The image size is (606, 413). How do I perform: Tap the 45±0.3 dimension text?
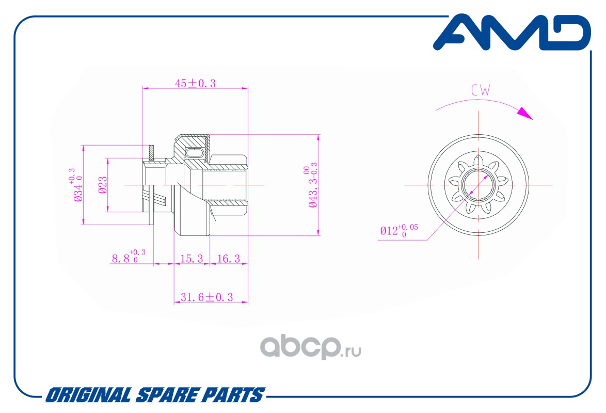click(195, 83)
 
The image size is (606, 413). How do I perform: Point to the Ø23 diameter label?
click(103, 185)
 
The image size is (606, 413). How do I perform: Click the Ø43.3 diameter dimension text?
click(312, 186)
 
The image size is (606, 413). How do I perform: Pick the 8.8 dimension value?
click(126, 258)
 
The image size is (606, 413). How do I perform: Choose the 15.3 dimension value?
click(192, 259)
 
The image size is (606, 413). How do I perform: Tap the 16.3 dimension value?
click(228, 259)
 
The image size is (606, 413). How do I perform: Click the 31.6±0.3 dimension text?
click(206, 297)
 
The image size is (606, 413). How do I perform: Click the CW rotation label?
click(480, 90)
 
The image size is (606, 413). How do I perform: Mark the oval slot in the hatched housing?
click(195, 153)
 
